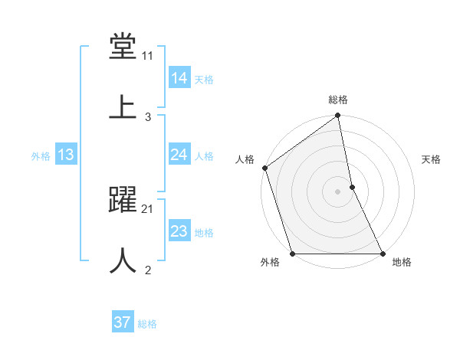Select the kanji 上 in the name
click(123, 106)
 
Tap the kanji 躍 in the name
click(123, 201)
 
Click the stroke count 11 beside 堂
click(148, 56)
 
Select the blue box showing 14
click(179, 78)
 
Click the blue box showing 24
click(179, 155)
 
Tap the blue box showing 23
click(179, 231)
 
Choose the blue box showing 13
click(66, 155)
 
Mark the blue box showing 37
click(123, 322)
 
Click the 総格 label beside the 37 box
click(147, 324)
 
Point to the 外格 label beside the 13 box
click(41, 156)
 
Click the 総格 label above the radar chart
click(338, 100)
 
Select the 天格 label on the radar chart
click(431, 159)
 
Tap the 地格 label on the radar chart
click(402, 263)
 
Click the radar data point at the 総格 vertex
click(338, 116)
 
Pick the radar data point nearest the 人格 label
click(265, 168)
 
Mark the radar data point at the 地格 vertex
click(383, 254)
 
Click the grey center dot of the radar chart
click(338, 191)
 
